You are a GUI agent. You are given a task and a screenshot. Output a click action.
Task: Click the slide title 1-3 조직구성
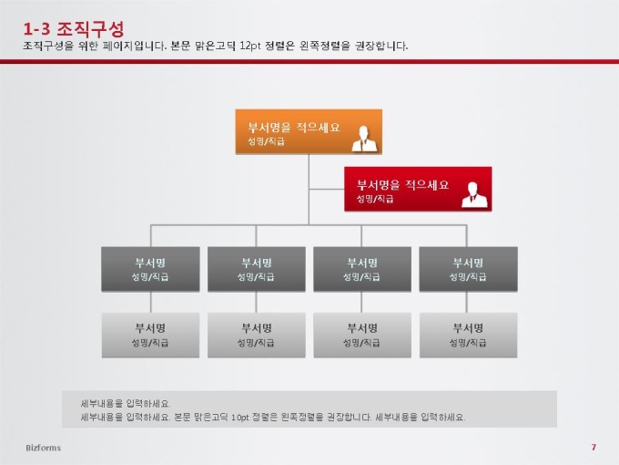click(x=74, y=29)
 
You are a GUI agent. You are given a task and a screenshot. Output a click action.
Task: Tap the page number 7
click(x=594, y=447)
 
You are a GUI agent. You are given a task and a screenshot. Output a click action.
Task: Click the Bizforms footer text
click(x=44, y=448)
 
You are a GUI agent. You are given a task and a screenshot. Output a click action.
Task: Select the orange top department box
click(x=309, y=131)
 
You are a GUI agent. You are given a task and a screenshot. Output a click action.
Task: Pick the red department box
click(x=418, y=189)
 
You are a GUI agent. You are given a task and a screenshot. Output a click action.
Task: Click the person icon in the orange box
click(x=364, y=139)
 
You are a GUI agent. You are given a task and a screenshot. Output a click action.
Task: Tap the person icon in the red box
click(x=473, y=194)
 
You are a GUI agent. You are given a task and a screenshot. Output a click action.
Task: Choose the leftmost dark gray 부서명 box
click(x=150, y=269)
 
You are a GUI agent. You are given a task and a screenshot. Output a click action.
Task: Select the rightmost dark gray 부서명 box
click(x=468, y=269)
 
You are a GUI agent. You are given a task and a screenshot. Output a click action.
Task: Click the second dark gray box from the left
click(x=257, y=269)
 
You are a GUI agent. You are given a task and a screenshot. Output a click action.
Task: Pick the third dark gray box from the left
click(x=362, y=269)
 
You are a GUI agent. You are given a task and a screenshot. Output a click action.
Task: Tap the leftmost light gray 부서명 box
click(x=150, y=336)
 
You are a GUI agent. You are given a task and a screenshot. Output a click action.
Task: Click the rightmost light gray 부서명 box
click(x=468, y=336)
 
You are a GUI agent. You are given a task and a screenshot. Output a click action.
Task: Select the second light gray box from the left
click(x=257, y=336)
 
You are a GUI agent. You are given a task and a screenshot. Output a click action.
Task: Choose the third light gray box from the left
click(x=362, y=336)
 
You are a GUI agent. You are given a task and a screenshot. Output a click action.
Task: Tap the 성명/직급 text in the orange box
click(x=266, y=141)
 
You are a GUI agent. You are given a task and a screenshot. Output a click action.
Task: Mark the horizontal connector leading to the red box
click(x=327, y=189)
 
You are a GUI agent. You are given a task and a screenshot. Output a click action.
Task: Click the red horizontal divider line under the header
click(x=309, y=61)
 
